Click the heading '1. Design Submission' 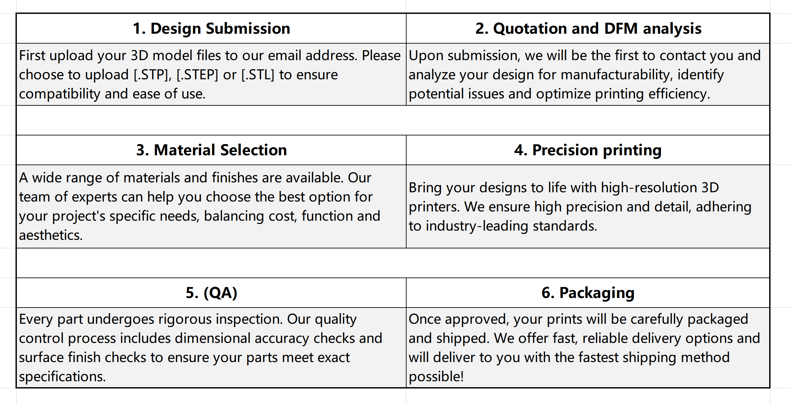(211, 28)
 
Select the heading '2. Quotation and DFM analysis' (588, 29)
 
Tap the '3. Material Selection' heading (211, 150)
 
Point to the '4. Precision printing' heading (588, 150)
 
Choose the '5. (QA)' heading (211, 293)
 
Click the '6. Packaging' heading (588, 293)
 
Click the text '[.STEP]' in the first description (198, 75)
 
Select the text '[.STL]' (258, 75)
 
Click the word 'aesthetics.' (51, 235)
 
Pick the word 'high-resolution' (649, 188)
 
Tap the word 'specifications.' (62, 377)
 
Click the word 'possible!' (436, 377)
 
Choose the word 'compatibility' (59, 94)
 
